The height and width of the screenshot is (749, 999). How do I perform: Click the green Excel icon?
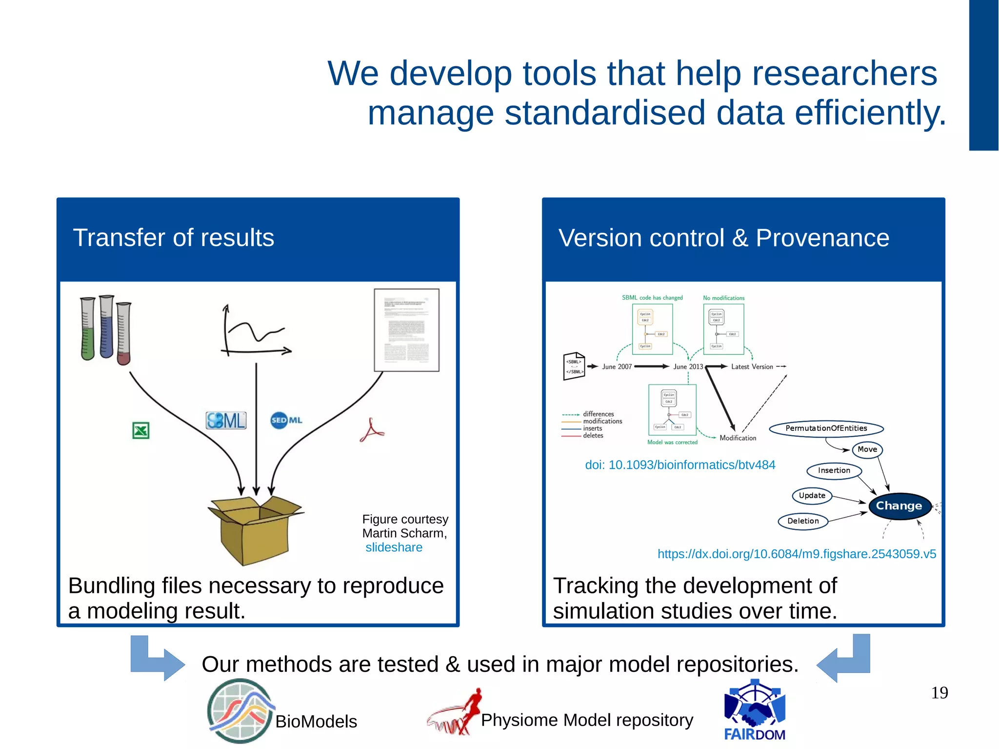pos(140,430)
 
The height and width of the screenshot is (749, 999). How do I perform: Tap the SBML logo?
pos(226,420)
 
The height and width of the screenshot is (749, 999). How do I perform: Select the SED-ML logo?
pos(286,420)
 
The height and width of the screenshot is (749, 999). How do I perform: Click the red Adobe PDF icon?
pos(372,430)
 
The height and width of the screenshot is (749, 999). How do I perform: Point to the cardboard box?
pos(255,529)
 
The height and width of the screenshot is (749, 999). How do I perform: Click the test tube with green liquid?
pos(88,329)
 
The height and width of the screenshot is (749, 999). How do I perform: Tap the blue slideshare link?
pos(394,547)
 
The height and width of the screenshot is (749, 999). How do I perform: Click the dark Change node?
pos(899,506)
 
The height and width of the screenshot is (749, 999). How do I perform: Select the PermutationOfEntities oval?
pos(826,428)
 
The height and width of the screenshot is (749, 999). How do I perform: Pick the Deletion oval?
pos(803,521)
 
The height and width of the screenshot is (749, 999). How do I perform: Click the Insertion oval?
pos(834,470)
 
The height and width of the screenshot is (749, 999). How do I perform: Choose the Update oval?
pos(812,496)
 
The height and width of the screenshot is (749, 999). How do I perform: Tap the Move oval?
pos(867,449)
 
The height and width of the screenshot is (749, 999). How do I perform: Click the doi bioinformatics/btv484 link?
pos(679,465)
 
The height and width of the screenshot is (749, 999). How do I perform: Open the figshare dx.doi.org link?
pos(797,554)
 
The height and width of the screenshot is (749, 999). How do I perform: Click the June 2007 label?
pos(617,367)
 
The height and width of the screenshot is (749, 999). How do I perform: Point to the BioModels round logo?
pos(239,711)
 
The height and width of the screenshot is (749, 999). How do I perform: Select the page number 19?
pos(939,693)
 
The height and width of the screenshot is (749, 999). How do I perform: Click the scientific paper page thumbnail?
pos(406,330)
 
